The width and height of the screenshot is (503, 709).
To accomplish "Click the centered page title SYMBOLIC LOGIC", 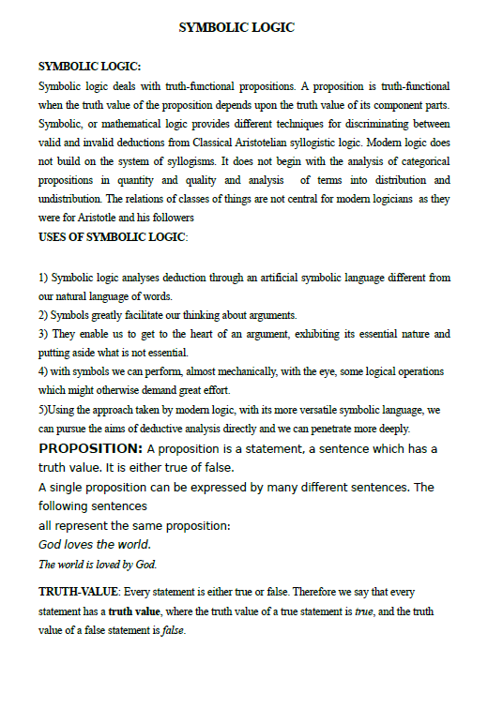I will (236, 28).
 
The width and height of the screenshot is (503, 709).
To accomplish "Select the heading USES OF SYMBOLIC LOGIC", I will (112, 236).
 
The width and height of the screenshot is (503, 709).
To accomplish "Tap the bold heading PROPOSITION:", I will (90, 448).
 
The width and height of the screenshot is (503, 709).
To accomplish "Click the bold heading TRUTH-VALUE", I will (79, 593).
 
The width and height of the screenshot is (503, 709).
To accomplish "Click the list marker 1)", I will (43, 278).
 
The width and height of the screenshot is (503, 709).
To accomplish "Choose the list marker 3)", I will (43, 334).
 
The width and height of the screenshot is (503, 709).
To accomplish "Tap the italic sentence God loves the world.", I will (94, 545).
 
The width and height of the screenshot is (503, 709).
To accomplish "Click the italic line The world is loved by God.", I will (98, 565).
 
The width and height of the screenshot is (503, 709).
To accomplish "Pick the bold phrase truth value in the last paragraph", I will (134, 611).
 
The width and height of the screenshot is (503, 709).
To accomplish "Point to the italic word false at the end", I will (173, 630).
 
